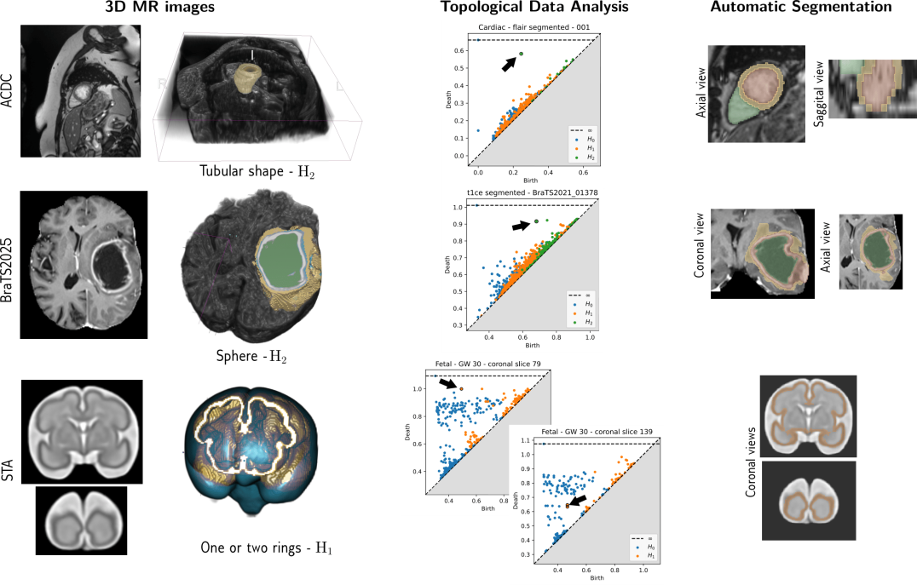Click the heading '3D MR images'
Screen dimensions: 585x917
tap(165, 8)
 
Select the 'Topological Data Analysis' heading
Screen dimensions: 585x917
tap(534, 8)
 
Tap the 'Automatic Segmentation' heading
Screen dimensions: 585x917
tap(801, 8)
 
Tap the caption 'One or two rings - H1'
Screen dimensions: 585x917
tap(266, 548)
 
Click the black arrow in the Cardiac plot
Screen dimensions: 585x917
tap(509, 62)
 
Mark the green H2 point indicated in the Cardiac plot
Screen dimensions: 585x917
tap(521, 54)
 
